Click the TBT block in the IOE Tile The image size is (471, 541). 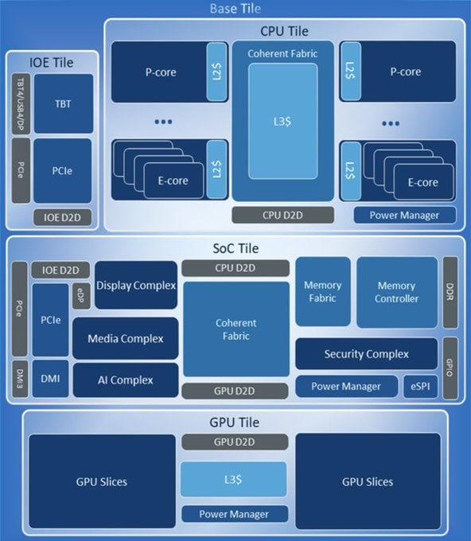tap(63, 103)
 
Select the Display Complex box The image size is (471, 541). tap(135, 285)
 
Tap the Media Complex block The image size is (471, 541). tap(125, 338)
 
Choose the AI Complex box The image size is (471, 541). tap(125, 379)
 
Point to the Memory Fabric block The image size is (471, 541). tap(322, 291)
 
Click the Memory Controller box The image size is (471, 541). tap(396, 291)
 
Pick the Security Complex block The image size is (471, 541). tap(366, 354)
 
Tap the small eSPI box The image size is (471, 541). tap(420, 387)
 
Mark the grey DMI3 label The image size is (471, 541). tap(20, 379)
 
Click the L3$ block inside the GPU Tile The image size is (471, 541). tap(232, 481)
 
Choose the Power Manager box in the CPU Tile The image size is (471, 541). tap(405, 215)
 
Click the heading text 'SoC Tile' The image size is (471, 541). tap(235, 248)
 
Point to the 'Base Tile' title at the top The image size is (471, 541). tap(235, 9)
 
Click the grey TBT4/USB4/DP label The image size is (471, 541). tap(20, 103)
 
